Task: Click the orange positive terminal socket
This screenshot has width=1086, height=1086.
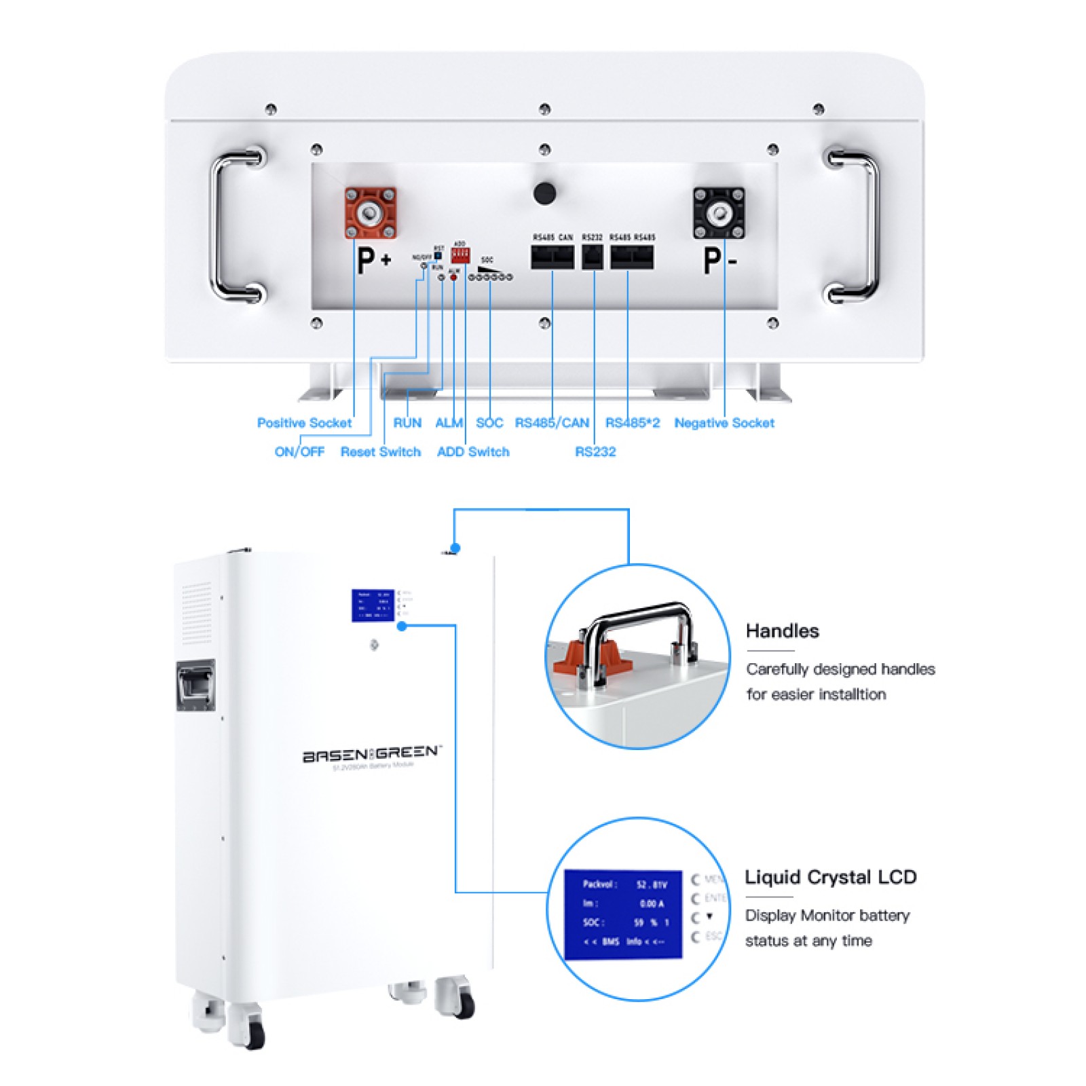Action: [x=370, y=213]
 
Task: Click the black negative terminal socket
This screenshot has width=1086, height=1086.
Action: [x=718, y=213]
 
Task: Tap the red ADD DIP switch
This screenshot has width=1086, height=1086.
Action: [x=460, y=255]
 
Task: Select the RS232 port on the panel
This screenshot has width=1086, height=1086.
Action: [x=593, y=257]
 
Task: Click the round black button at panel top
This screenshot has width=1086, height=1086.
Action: [x=544, y=193]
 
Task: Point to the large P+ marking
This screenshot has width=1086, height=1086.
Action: [x=373, y=261]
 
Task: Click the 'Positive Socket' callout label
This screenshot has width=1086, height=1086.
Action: [x=304, y=423]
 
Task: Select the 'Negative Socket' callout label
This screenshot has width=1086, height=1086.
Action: [x=724, y=423]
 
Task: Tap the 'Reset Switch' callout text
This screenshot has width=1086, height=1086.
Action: [x=380, y=452]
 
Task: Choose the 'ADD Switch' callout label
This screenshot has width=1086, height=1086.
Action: [x=472, y=452]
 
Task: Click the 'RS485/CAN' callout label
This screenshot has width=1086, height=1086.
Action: [x=552, y=423]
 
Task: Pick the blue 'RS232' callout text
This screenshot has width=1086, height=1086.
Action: [x=595, y=452]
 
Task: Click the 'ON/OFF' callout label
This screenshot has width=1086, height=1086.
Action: [x=299, y=452]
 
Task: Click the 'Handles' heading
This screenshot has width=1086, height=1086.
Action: [x=782, y=631]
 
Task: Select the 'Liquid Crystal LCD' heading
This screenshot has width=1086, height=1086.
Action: [x=830, y=877]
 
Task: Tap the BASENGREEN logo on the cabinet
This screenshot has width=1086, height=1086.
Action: [x=371, y=753]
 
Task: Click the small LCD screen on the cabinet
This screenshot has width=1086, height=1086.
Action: [x=373, y=605]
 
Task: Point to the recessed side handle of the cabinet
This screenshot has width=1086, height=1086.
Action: [x=195, y=685]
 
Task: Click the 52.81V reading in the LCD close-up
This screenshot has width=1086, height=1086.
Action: [x=651, y=885]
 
